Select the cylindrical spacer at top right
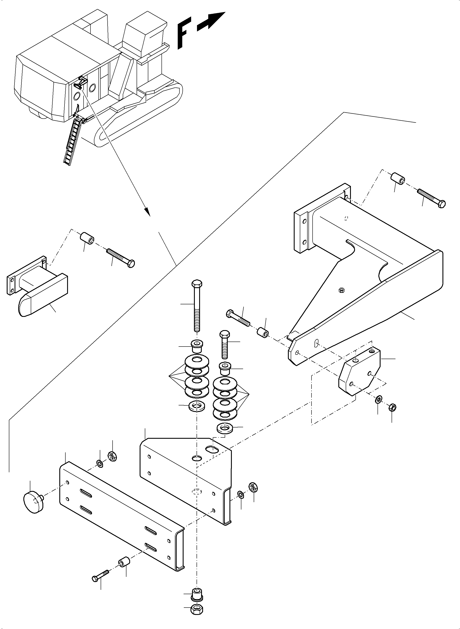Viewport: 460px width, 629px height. (x=398, y=179)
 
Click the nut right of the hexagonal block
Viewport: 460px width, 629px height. (x=392, y=407)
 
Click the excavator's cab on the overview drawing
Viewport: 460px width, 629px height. (x=145, y=36)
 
